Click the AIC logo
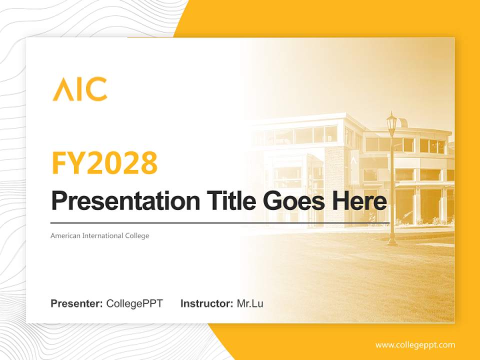[x=80, y=89]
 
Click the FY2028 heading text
[x=104, y=163]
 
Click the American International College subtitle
[x=100, y=235]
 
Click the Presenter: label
[x=76, y=303]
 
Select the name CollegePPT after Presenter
[x=134, y=303]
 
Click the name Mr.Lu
[x=250, y=303]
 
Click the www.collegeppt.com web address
[x=415, y=345]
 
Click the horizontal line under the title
[x=220, y=222]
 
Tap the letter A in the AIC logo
[x=62, y=89]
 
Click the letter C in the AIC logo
[x=97, y=89]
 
